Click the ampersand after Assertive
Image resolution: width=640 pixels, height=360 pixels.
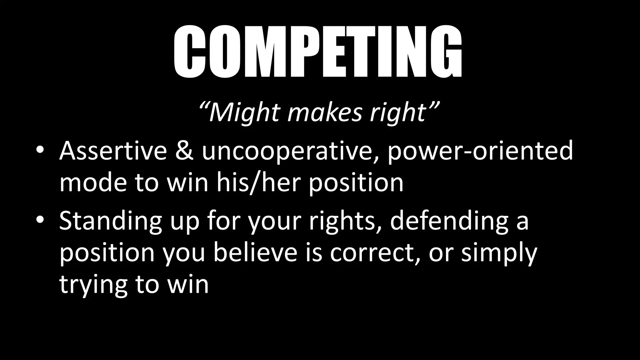coord(185,151)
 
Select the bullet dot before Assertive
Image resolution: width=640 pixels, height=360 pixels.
coord(40,151)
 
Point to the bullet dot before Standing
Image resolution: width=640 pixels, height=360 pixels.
coord(40,221)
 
